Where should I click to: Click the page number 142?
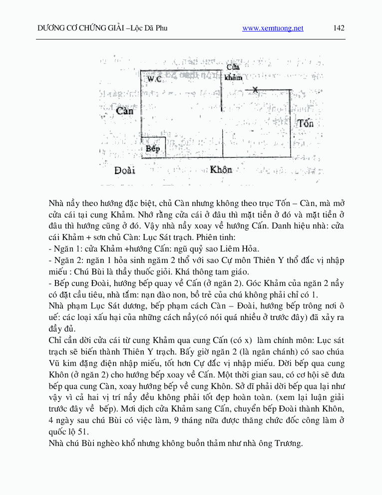click(339, 28)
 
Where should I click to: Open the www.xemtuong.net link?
click(273, 28)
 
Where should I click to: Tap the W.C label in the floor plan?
click(154, 79)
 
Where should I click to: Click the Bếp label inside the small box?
click(152, 148)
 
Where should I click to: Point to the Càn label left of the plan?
click(124, 111)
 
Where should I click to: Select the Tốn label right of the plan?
click(305, 123)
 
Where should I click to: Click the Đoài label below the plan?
click(124, 170)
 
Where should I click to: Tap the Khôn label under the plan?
click(221, 169)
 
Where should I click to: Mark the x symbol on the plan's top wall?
click(255, 89)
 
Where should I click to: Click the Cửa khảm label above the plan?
click(233, 72)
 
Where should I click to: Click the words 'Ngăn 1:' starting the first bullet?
click(66, 248)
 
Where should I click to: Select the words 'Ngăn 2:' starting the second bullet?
click(66, 260)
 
